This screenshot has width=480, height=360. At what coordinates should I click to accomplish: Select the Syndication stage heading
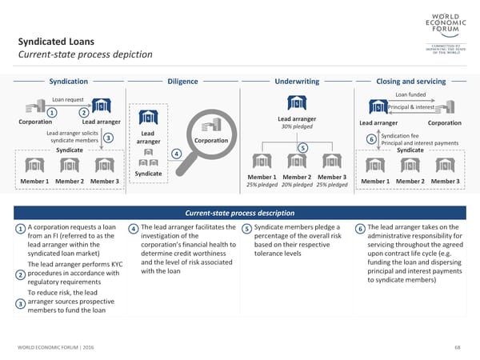click(69, 82)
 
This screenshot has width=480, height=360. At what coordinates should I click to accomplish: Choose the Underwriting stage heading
click(297, 82)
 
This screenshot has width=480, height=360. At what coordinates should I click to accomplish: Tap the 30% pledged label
click(297, 126)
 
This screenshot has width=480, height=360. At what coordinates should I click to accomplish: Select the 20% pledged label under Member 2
click(297, 185)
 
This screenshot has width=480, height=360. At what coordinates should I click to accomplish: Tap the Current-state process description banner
click(240, 213)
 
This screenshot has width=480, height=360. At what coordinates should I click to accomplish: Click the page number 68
click(457, 347)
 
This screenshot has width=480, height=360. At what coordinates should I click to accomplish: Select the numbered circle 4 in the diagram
click(176, 154)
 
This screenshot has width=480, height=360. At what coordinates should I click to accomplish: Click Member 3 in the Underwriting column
click(331, 177)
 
